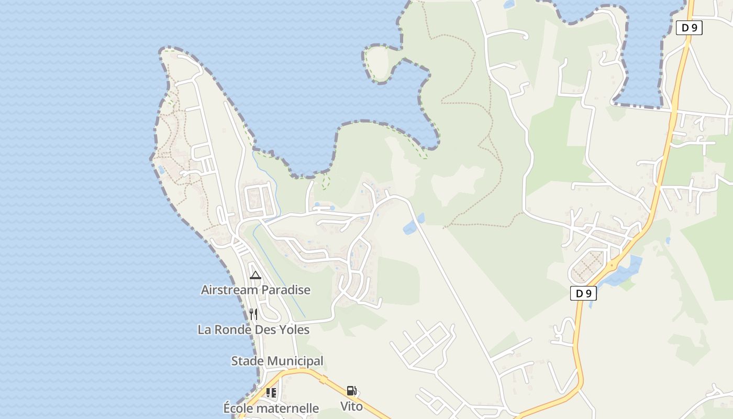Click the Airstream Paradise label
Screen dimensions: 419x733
[x=256, y=290]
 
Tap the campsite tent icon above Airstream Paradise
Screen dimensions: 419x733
[x=256, y=275]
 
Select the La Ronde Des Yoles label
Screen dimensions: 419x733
[x=253, y=329]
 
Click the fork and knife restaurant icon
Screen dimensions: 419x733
[x=253, y=314]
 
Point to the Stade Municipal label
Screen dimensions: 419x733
[x=277, y=361]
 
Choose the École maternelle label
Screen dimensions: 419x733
[x=271, y=408]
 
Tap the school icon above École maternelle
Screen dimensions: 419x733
[x=271, y=392]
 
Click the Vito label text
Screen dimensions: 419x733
[x=351, y=406]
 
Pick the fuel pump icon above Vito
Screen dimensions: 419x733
[x=351, y=391]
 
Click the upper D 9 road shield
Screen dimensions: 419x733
[x=689, y=28]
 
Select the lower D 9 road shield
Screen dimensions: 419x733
[x=583, y=293]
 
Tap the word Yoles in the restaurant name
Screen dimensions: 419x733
[x=295, y=329]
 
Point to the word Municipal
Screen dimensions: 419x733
[x=295, y=361]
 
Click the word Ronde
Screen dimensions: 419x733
[x=234, y=329]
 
